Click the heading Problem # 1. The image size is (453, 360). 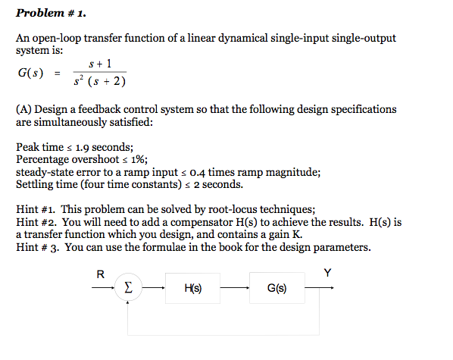(x=47, y=13)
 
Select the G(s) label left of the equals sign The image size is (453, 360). (x=30, y=74)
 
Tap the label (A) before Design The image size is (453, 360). (x=24, y=109)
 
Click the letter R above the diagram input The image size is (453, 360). (x=101, y=274)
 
